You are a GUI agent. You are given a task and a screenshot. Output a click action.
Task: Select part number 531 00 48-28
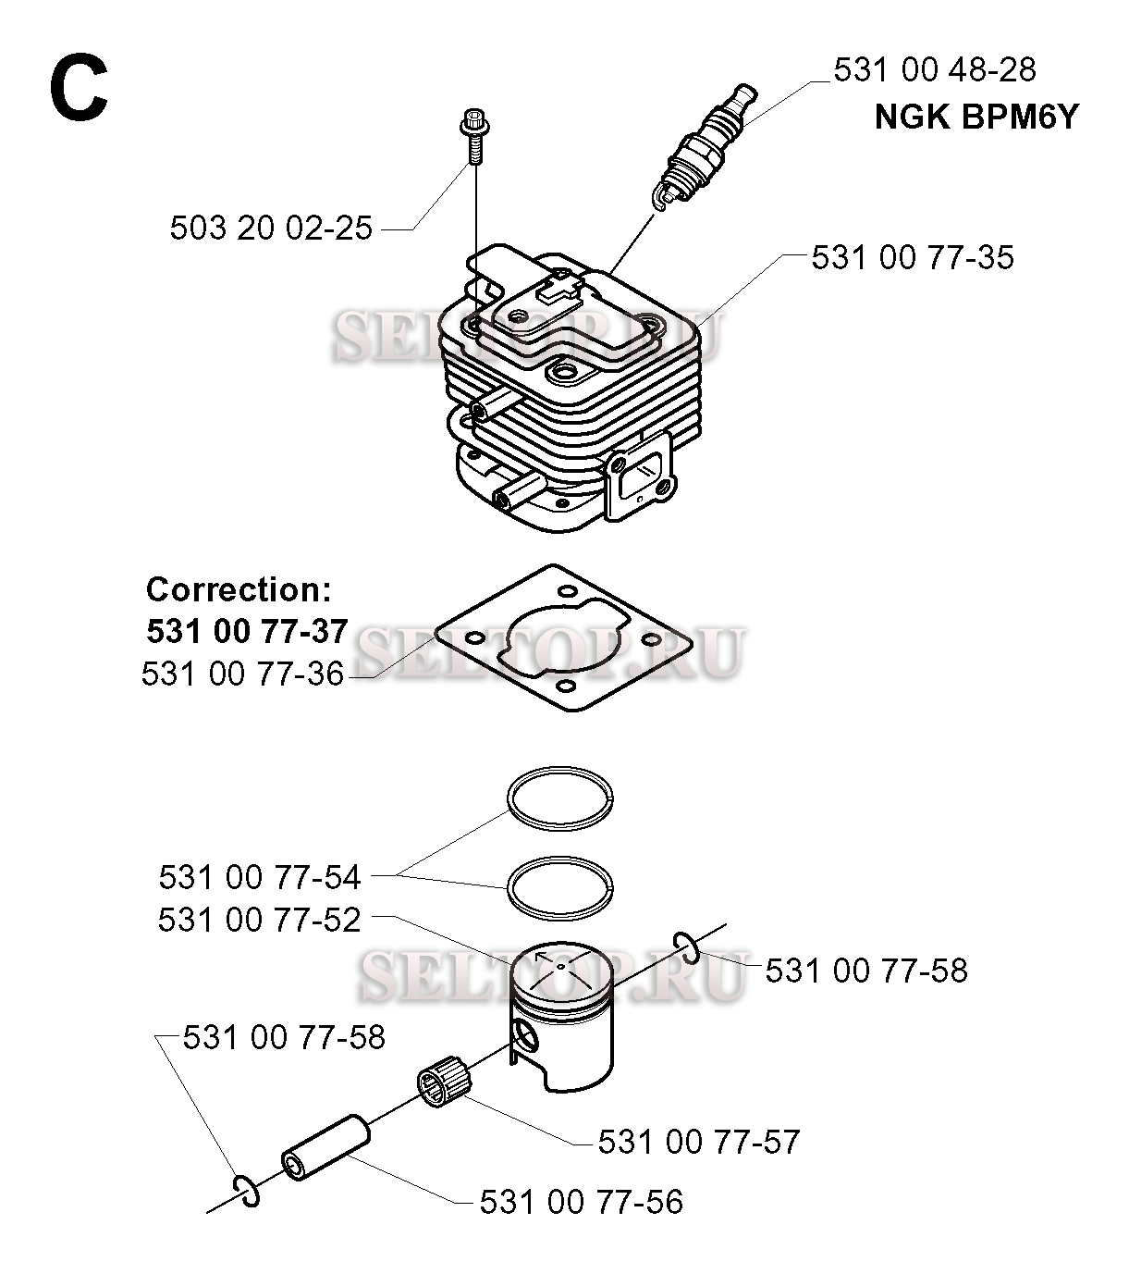[x=934, y=69]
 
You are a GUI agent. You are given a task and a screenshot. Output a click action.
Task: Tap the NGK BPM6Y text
[x=976, y=117]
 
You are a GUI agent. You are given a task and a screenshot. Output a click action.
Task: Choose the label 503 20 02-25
[x=271, y=228]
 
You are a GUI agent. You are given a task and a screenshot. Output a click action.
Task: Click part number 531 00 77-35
[x=913, y=257]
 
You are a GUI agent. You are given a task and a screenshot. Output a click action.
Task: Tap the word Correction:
[x=239, y=589]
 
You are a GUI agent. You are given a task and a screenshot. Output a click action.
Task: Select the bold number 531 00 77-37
[x=247, y=631]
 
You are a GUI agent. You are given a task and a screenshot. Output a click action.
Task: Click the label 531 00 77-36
[x=242, y=674]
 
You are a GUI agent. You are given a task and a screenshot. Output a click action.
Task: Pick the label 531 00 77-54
[x=260, y=876]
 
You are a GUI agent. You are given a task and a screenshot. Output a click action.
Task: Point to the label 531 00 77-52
[x=259, y=920]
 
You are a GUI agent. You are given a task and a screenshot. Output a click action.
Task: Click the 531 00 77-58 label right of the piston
[x=866, y=971]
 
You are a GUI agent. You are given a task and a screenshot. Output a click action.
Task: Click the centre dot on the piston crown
[x=560, y=965]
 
